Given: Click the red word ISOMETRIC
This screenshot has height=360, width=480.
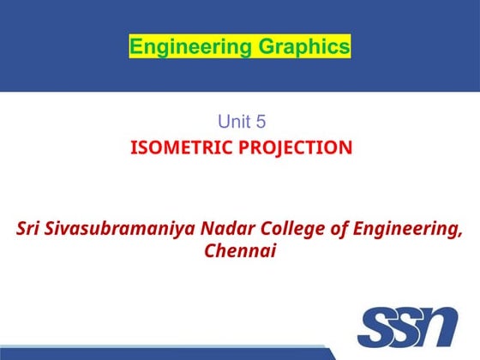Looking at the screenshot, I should tap(177, 147).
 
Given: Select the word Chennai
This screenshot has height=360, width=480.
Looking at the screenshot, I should tap(240, 252).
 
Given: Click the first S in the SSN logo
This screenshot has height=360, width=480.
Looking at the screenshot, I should tap(379, 329).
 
